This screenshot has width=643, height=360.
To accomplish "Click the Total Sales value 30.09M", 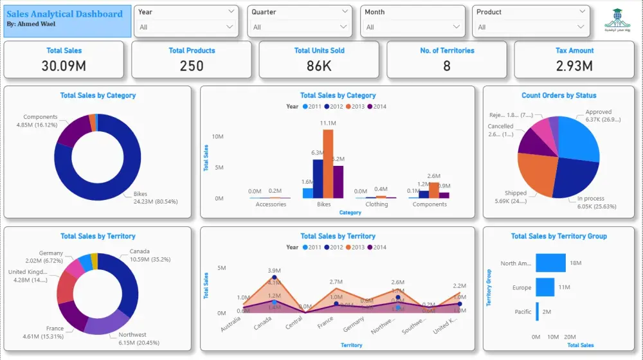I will point(64,66).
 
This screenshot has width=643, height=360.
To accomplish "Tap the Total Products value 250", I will point(192,66).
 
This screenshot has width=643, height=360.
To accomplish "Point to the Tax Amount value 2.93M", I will point(574,66).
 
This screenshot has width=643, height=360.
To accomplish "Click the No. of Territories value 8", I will point(447,66).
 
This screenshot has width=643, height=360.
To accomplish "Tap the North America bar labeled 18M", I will point(550,263).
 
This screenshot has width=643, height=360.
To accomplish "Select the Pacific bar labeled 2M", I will point(538,312).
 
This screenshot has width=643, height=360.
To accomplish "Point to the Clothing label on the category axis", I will point(376,204).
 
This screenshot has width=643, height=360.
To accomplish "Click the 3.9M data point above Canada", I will point(275,277).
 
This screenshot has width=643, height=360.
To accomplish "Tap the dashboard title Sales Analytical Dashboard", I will point(64,14).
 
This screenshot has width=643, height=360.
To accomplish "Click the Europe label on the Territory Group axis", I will point(521,288).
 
